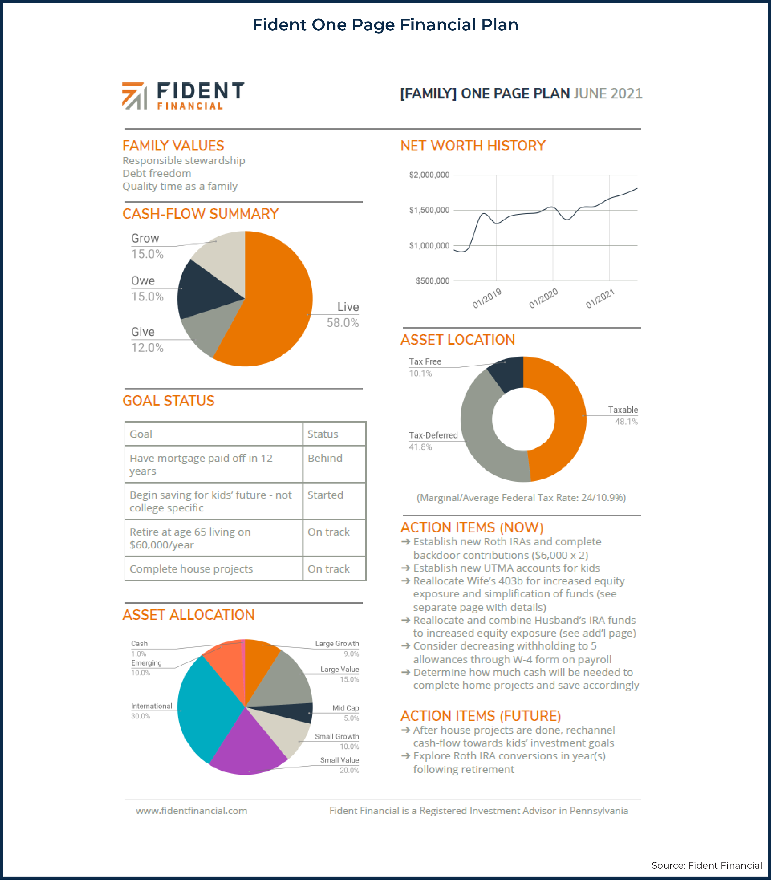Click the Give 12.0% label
(x=147, y=340)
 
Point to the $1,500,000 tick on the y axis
(x=429, y=210)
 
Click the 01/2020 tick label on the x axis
(x=543, y=298)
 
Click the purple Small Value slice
(x=247, y=749)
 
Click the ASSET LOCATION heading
(x=457, y=340)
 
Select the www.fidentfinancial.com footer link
(x=191, y=810)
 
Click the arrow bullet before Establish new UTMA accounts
(x=405, y=568)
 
